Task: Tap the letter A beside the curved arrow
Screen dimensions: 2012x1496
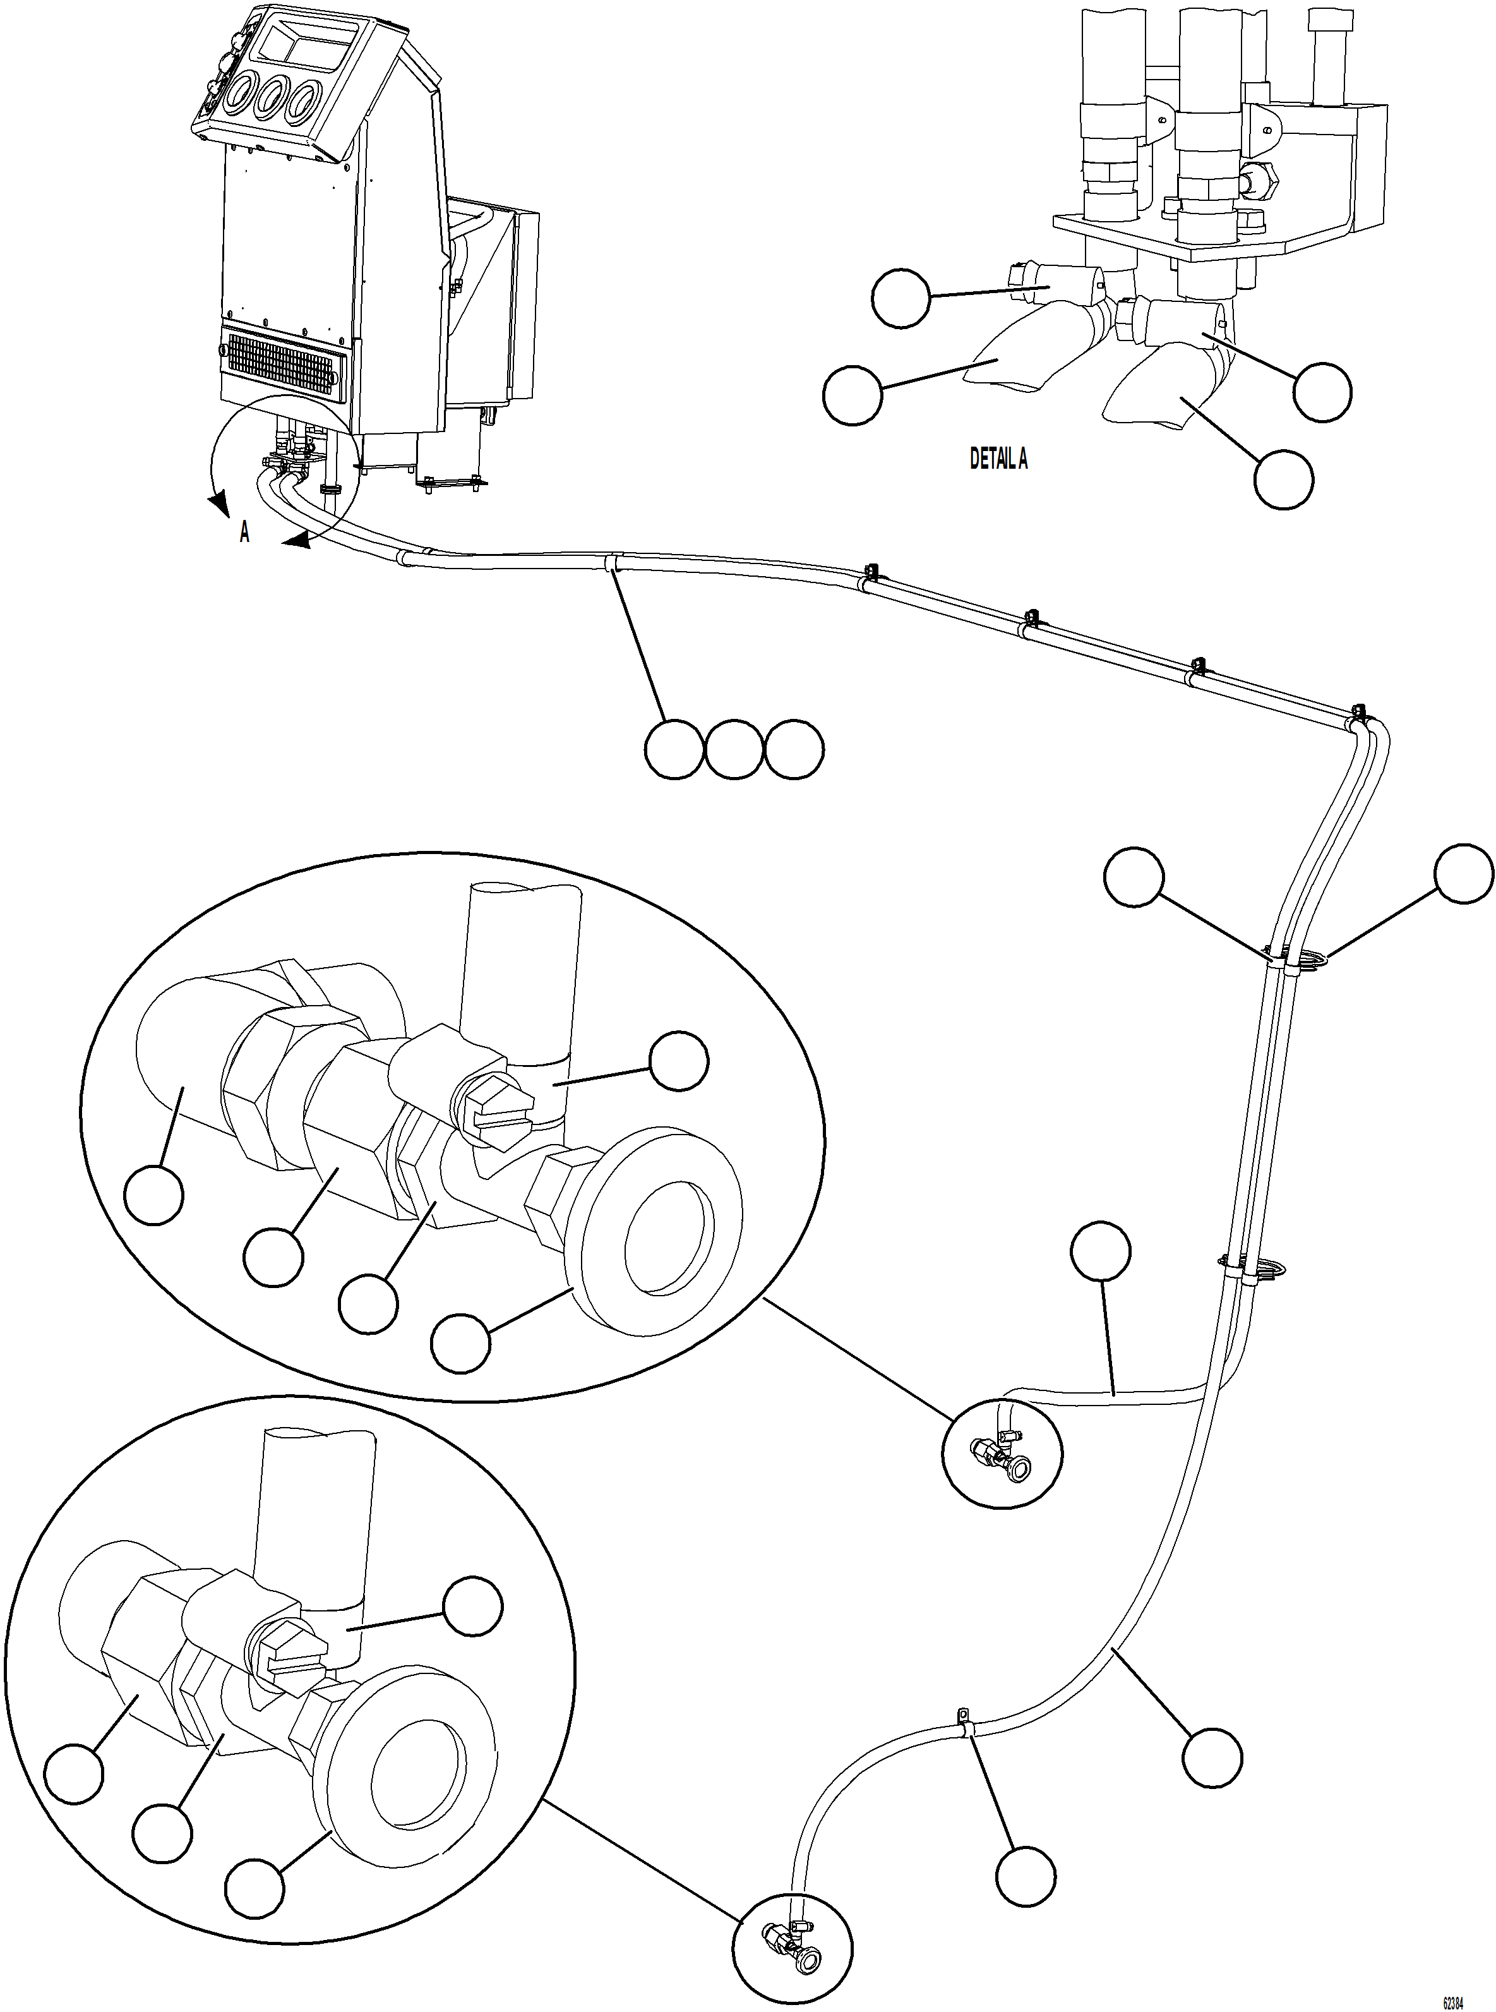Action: pyautogui.click(x=244, y=534)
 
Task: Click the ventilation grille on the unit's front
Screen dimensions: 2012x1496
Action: pyautogui.click(x=284, y=365)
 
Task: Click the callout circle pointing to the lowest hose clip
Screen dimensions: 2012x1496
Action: pyautogui.click(x=1025, y=1874)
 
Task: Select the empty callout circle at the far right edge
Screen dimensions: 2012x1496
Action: pyautogui.click(x=1463, y=874)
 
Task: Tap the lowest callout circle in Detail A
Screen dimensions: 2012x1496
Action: pyautogui.click(x=1283, y=479)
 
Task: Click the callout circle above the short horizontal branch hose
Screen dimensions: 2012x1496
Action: pyautogui.click(x=1100, y=1252)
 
